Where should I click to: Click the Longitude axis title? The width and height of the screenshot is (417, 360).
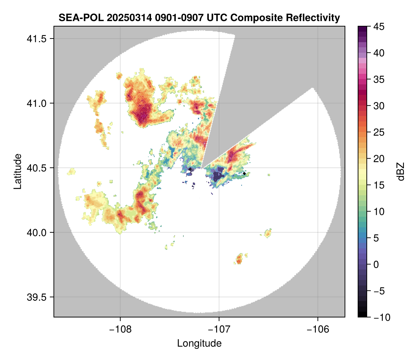(x=199, y=343)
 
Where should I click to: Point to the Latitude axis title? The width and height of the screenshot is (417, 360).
(x=17, y=171)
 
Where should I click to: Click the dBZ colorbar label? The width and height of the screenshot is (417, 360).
(x=401, y=172)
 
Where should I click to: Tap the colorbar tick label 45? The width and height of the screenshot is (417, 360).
(x=379, y=27)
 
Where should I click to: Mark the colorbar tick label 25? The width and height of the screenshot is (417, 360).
(x=379, y=132)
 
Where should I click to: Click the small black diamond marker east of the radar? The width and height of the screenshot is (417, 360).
(x=244, y=173)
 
